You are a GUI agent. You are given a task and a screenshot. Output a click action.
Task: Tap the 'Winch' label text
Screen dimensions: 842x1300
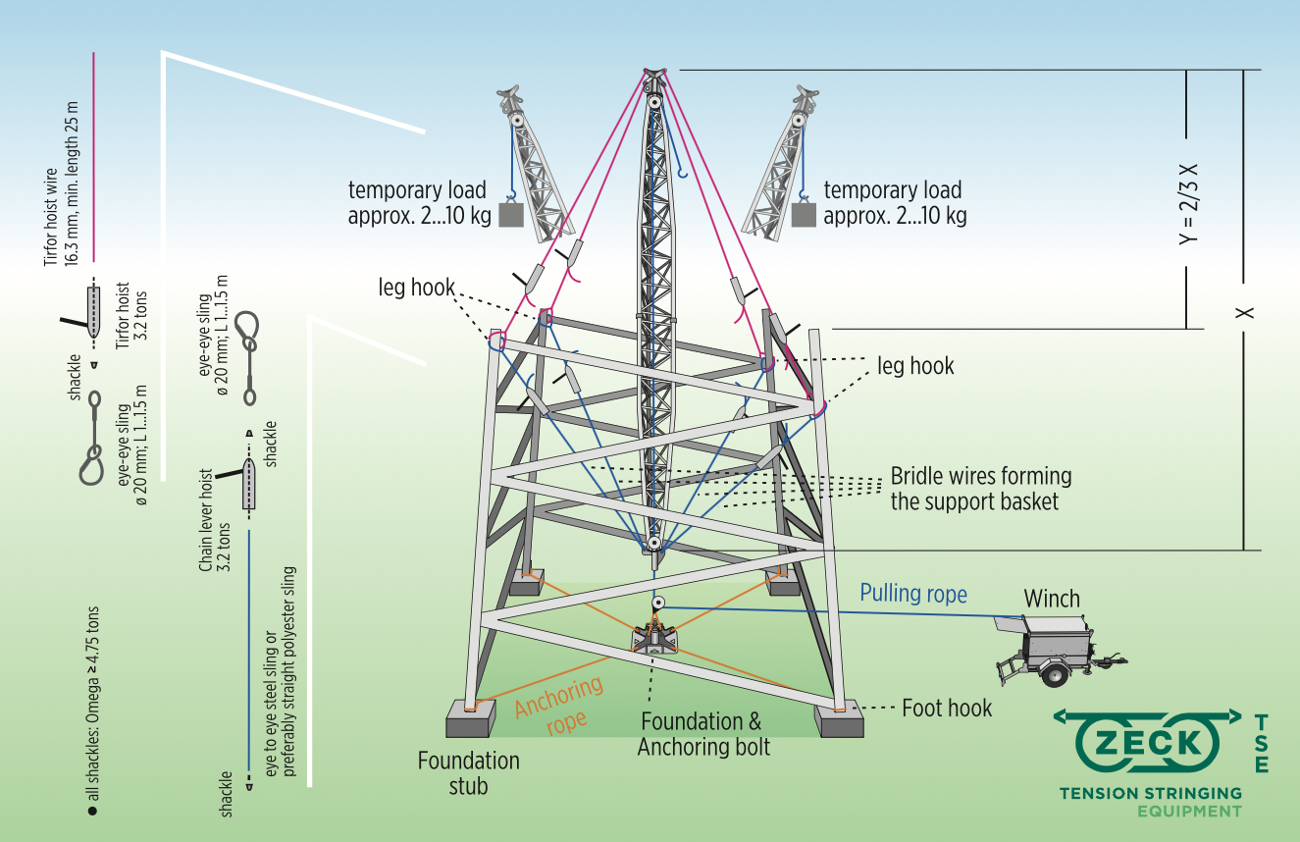click(x=1051, y=599)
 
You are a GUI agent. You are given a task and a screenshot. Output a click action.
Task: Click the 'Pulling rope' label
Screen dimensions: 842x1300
click(x=913, y=594)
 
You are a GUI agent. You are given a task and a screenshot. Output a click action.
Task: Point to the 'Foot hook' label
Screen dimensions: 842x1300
click(x=947, y=708)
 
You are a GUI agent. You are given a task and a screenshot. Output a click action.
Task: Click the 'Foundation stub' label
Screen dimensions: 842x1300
click(x=468, y=771)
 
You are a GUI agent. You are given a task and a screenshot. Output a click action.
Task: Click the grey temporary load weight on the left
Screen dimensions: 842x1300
click(x=511, y=214)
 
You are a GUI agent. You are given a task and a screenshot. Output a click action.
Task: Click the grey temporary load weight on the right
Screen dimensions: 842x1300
click(x=804, y=214)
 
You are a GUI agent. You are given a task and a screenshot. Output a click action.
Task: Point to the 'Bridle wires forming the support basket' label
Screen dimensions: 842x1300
click(x=980, y=490)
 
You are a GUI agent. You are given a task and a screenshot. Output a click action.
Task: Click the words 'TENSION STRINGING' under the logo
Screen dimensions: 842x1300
click(x=1150, y=792)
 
